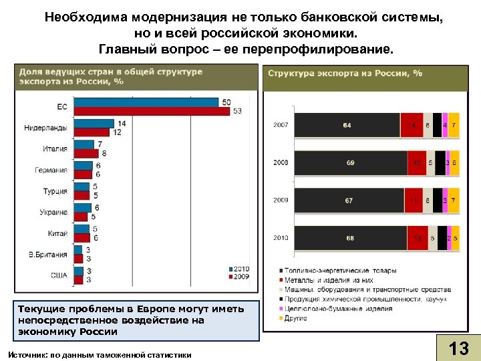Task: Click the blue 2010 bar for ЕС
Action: (146, 102)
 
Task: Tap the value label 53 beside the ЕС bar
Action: (237, 111)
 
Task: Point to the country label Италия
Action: (55, 149)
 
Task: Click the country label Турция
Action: (55, 191)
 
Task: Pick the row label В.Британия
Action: (48, 254)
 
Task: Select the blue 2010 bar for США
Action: (78, 271)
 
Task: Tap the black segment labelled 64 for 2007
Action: (347, 125)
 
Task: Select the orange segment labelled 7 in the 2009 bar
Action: (454, 201)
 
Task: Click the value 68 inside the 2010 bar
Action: (350, 238)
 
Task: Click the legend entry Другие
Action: (297, 318)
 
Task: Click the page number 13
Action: (458, 348)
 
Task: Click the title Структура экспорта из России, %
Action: (345, 73)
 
